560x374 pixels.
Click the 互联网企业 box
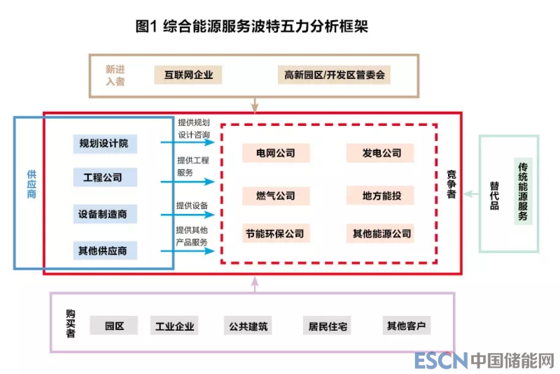(188, 75)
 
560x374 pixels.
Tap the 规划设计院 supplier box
(104, 144)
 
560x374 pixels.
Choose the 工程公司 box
(104, 178)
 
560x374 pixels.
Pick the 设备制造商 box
(104, 213)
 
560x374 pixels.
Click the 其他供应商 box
(104, 250)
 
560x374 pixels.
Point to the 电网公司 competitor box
(275, 153)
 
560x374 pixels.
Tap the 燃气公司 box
(275, 196)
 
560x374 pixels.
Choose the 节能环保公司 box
(275, 233)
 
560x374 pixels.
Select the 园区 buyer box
(114, 325)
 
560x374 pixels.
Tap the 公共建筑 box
(248, 325)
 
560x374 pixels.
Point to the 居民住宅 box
(328, 325)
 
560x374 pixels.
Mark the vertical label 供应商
(31, 184)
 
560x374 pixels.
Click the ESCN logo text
(440, 360)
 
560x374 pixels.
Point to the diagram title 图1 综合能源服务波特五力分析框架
(251, 27)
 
